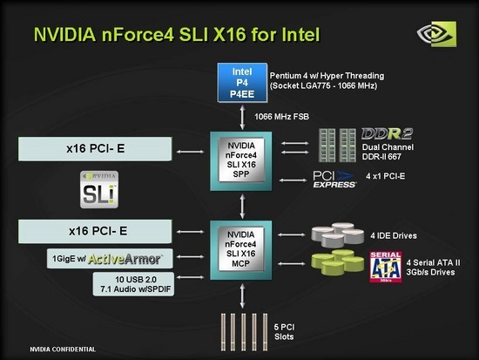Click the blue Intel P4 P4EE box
click(242, 83)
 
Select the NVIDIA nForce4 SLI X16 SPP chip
click(241, 161)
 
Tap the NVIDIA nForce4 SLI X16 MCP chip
click(241, 250)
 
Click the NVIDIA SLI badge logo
click(99, 190)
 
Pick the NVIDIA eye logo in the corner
click(437, 34)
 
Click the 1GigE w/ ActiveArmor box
click(110, 259)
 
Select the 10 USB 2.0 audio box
click(133, 284)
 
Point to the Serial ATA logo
click(386, 267)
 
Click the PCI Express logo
click(334, 180)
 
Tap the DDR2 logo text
click(387, 133)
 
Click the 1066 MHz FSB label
click(281, 117)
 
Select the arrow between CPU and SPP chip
click(242, 118)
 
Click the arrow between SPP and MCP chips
click(242, 207)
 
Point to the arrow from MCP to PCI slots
click(242, 296)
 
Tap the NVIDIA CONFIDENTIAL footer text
click(63, 350)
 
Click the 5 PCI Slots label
click(284, 332)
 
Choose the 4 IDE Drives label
click(394, 236)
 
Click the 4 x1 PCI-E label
click(386, 176)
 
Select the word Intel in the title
click(300, 34)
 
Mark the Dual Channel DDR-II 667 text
click(388, 152)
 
